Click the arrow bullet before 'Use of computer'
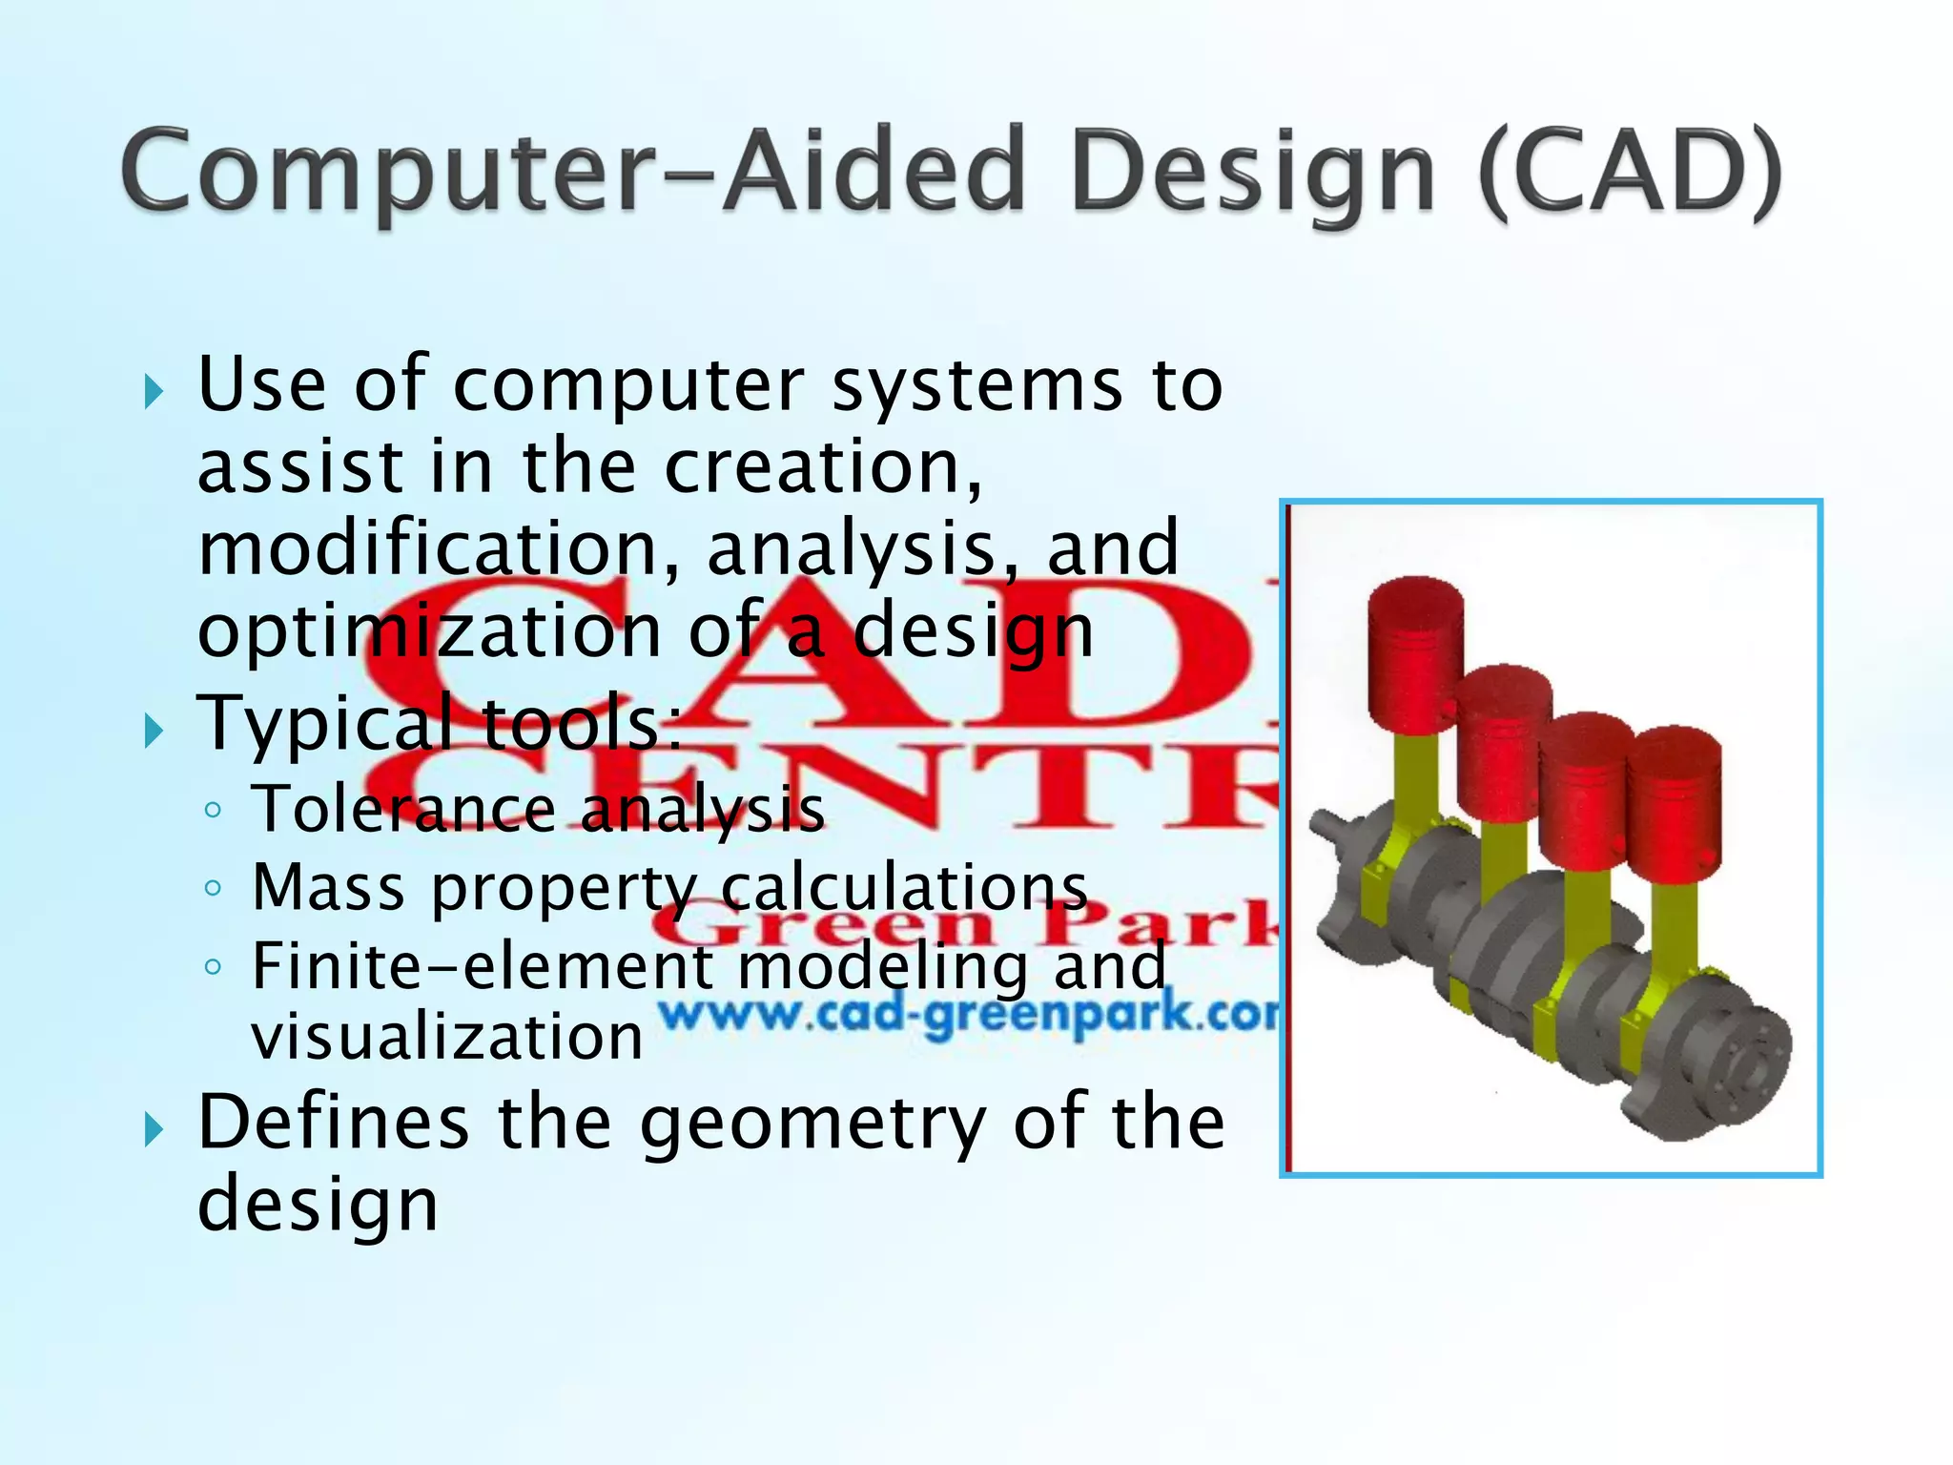pyautogui.click(x=154, y=392)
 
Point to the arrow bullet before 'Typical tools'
pyautogui.click(x=154, y=732)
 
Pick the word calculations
pyautogui.click(x=904, y=889)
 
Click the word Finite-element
pyautogui.click(x=482, y=965)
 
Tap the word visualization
pyautogui.click(x=447, y=1037)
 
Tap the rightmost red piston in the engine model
pyautogui.click(x=1674, y=801)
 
